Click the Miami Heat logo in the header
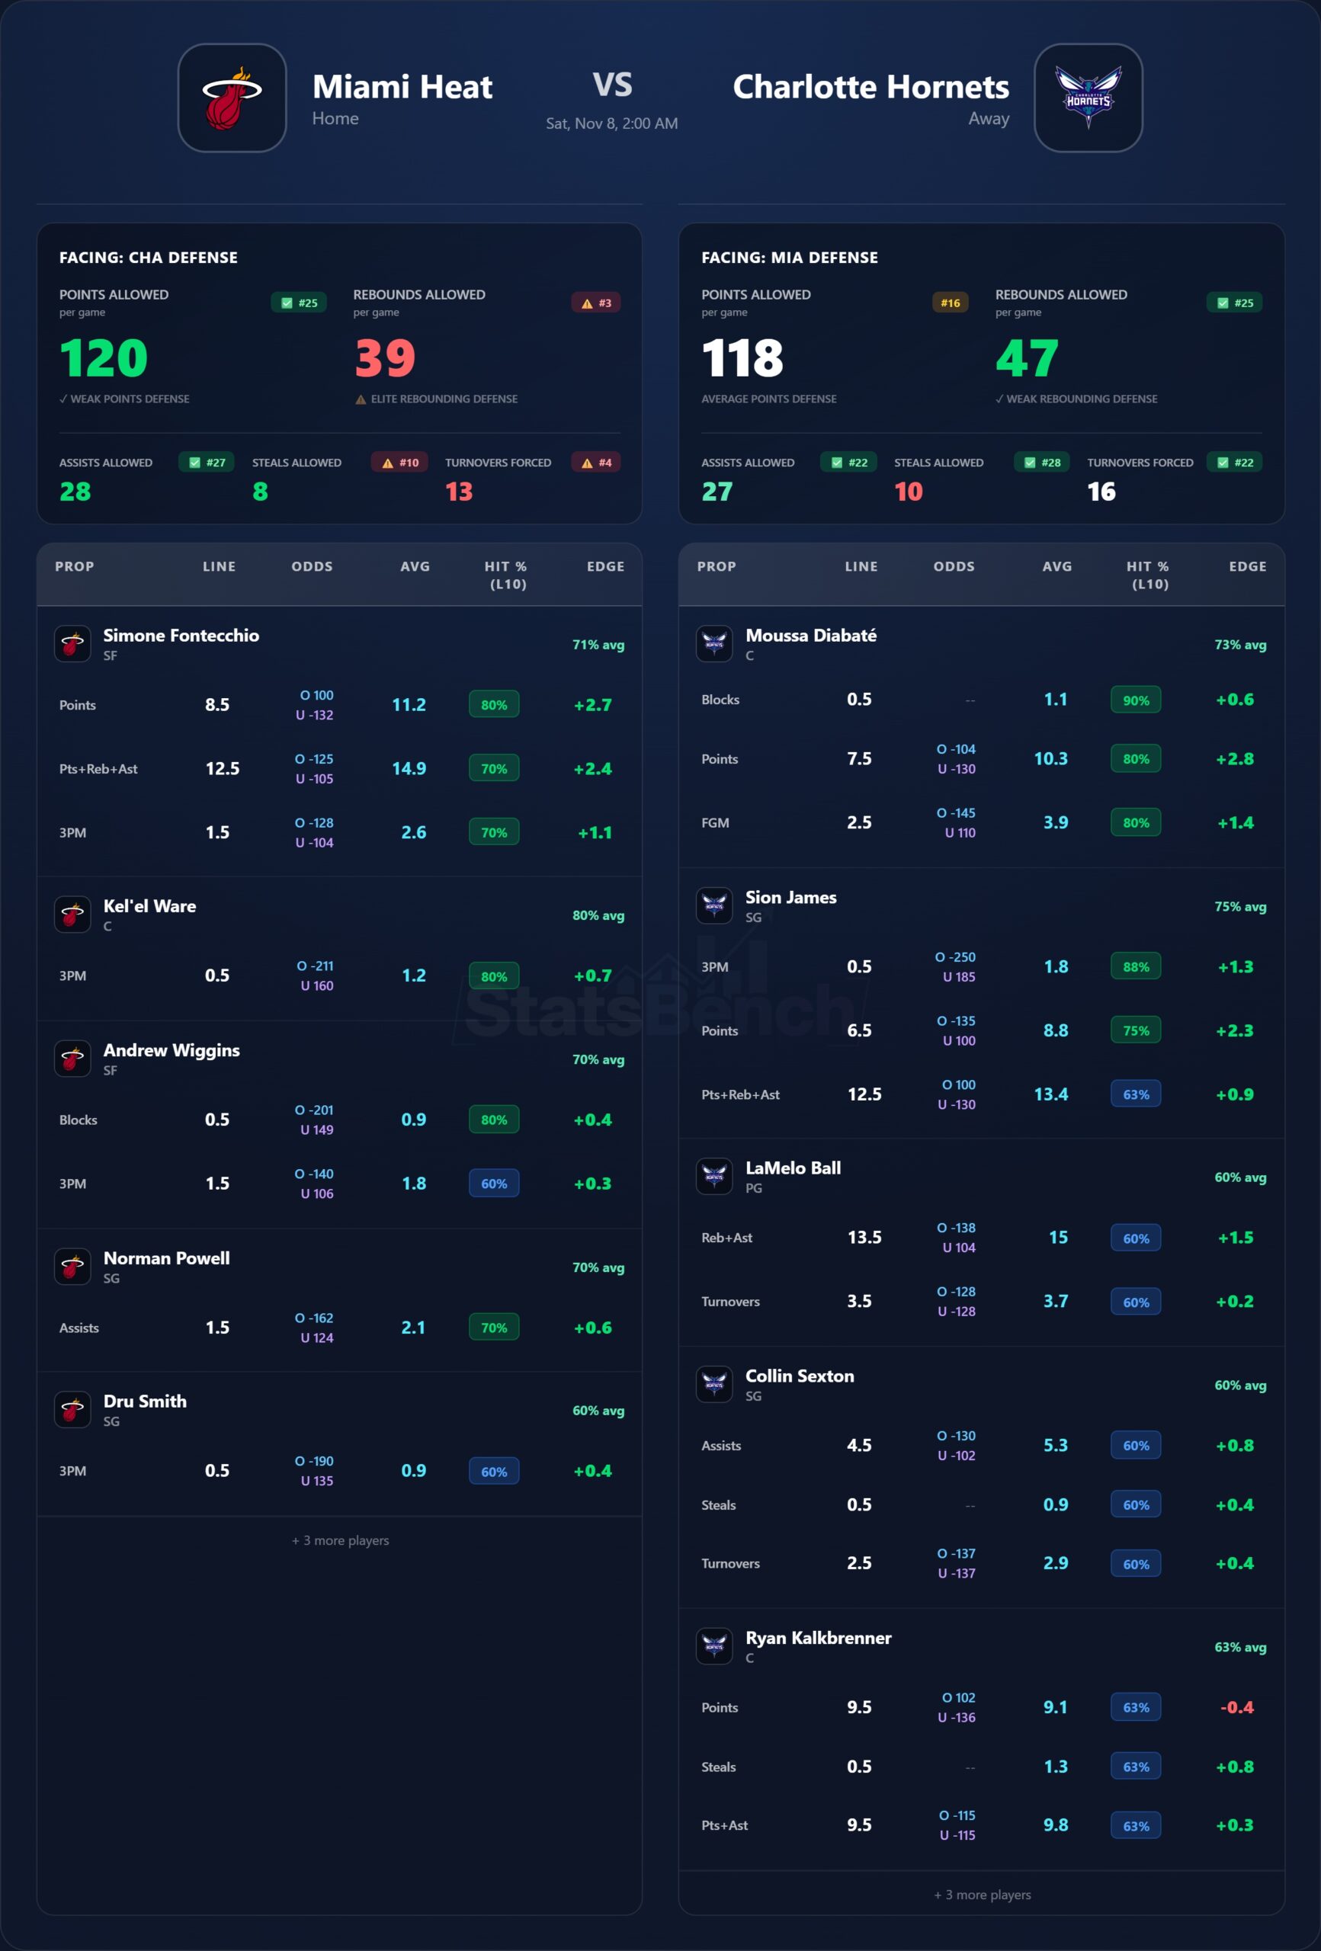pos(232,98)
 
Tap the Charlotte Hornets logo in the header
pos(1088,98)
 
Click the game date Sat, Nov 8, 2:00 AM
pos(611,123)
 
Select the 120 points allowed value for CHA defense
pos(104,358)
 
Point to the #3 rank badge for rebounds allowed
pos(596,303)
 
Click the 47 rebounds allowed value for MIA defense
pos(1026,358)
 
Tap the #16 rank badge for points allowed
pos(950,303)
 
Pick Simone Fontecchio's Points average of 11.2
pos(409,705)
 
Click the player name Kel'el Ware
pos(149,907)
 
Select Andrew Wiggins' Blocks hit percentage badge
pos(494,1120)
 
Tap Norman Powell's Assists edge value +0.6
pos(593,1328)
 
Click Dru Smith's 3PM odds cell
pos(316,1471)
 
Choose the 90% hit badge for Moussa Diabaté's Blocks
pos(1136,700)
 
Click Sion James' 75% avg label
pos(1239,907)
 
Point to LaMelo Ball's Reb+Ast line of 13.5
pos(864,1238)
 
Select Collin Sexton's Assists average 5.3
pos(1056,1446)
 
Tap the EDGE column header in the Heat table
pos(605,567)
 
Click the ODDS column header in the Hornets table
pos(954,567)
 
